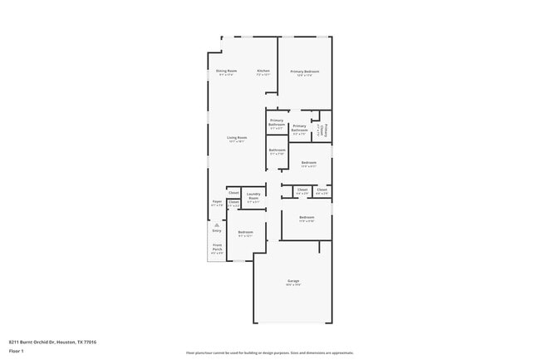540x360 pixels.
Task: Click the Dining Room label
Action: pos(227,71)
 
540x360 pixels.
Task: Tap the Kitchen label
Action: pos(263,71)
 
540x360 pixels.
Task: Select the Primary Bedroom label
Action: pos(305,72)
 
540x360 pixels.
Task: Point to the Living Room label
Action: pos(238,137)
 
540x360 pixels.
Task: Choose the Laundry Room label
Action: pos(253,197)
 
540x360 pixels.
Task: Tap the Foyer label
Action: pos(217,201)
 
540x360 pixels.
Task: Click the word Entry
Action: pos(217,230)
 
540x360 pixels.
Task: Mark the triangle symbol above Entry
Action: pos(217,224)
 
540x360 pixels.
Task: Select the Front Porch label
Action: pos(217,247)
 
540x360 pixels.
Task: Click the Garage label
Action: pos(293,281)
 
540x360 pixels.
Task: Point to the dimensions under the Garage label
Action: pos(293,285)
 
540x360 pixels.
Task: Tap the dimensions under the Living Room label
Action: pos(238,141)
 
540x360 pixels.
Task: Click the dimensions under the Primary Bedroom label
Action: pos(305,76)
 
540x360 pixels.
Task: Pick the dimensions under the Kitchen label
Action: pos(263,75)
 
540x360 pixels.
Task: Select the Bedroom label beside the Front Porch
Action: pos(245,232)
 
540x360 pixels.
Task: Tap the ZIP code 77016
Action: pos(90,342)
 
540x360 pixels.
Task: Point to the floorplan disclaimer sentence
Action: pos(270,353)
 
